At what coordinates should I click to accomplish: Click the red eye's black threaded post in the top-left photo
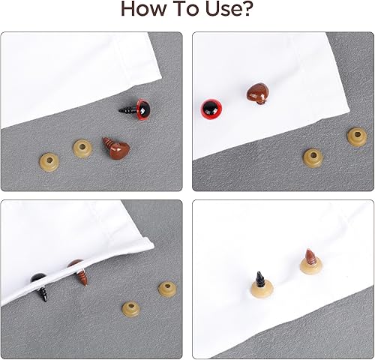point(127,109)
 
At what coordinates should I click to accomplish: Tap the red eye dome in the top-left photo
point(143,109)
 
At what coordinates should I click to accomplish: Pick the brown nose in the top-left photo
point(116,148)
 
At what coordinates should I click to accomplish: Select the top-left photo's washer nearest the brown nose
point(82,149)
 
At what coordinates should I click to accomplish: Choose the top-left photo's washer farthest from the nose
point(49,162)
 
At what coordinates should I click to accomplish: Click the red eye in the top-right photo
point(211,109)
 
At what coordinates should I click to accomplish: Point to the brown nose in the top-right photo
point(257,94)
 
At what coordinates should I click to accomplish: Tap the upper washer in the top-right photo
point(358,136)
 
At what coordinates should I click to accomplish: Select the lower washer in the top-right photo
point(313,157)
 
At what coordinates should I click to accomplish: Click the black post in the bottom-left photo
point(40,287)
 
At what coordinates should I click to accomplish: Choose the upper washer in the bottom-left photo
point(167,288)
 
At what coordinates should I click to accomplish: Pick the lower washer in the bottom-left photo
point(131,309)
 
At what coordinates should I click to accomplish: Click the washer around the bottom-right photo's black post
point(262,289)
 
